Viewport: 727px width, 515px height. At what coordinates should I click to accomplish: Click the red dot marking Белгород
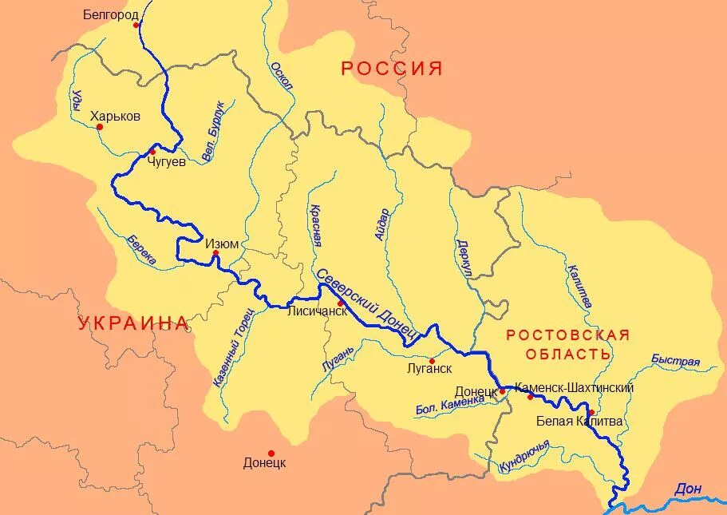pos(136,25)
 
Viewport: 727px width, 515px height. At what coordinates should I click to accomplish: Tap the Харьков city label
pos(116,116)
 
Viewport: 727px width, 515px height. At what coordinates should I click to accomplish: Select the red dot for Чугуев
pos(152,152)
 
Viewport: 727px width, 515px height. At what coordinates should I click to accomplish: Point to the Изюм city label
pos(222,244)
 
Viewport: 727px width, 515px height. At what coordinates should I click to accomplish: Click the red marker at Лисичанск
pos(340,303)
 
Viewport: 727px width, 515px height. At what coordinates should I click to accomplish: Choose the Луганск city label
pos(429,369)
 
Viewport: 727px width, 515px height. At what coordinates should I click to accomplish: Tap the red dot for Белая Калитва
pos(591,413)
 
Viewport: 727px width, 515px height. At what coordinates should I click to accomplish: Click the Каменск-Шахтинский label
pos(575,387)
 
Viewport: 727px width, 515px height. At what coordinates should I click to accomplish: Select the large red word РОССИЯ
pos(392,69)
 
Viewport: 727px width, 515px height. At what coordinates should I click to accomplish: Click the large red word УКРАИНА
pos(133,323)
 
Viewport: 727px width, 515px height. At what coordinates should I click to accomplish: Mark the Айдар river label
pos(381,224)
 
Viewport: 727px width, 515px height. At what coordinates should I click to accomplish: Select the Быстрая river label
pos(675,361)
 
